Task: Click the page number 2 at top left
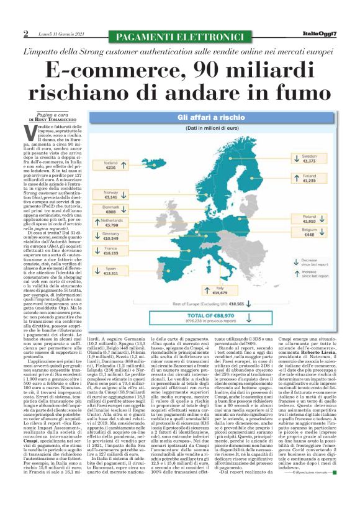click(26, 34)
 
